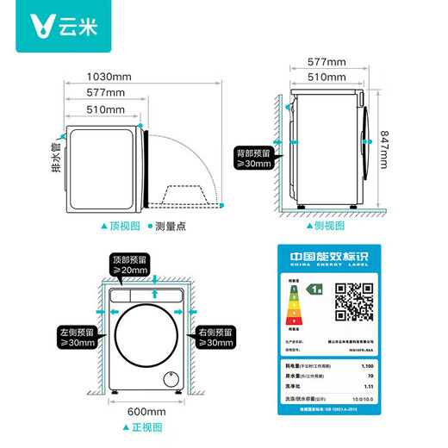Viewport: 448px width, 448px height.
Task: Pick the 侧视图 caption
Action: pyautogui.click(x=324, y=225)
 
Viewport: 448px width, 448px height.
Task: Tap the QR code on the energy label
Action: pyautogui.click(x=352, y=301)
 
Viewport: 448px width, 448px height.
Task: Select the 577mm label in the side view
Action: pyautogui.click(x=329, y=62)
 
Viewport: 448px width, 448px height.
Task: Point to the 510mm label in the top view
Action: pyautogui.click(x=108, y=109)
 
